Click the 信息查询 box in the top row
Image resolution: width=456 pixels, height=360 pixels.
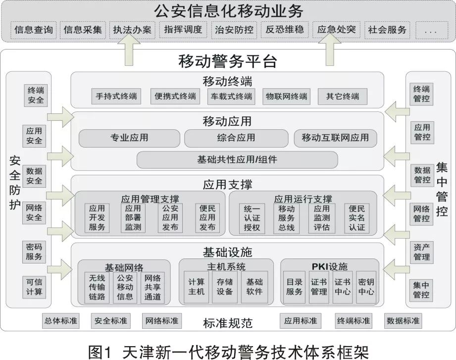(34, 30)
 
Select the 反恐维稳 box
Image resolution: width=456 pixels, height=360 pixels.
(285, 30)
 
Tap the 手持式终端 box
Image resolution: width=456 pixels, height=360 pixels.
(116, 96)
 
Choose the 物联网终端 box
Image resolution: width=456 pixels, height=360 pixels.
(287, 96)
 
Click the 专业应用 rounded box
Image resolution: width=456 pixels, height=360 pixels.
(129, 138)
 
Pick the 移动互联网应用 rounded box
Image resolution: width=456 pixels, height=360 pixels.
(335, 138)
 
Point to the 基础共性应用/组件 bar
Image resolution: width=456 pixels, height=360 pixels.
(237, 159)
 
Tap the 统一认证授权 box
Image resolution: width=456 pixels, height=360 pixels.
(252, 218)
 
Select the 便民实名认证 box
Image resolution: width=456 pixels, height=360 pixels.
(357, 218)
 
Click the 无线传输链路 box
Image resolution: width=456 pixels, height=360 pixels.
(97, 288)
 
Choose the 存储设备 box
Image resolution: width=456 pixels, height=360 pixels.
(224, 287)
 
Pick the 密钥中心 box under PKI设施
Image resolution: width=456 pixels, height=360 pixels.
(366, 287)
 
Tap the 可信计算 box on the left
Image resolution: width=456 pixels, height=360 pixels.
(34, 287)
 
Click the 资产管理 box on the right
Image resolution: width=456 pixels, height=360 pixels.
(422, 253)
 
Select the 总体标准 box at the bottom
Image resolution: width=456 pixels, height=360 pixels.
(61, 321)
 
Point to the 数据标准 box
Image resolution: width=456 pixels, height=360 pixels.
(403, 321)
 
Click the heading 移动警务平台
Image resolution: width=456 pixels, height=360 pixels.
(228, 61)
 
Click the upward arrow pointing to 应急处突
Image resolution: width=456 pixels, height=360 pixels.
(329, 50)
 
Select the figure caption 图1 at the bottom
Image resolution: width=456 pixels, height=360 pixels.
(100, 352)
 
